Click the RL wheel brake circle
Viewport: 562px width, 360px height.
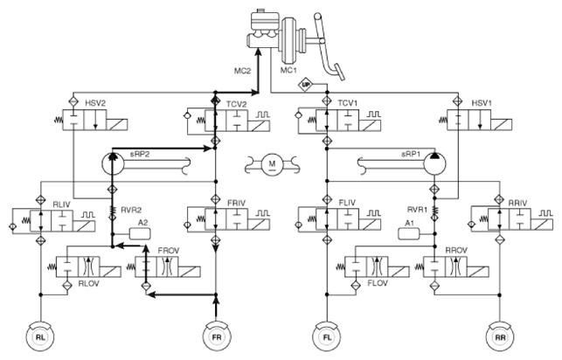40,337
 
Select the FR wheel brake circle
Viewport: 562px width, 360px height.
217,337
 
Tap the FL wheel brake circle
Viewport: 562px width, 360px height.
327,337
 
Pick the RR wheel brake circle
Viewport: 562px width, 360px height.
500,337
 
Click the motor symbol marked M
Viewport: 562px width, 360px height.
272,164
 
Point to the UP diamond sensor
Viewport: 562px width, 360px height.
305,85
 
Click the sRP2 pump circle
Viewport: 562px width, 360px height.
113,163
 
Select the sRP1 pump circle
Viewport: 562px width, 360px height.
434,163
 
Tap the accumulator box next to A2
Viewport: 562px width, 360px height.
140,234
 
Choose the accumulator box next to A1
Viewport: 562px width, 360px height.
409,234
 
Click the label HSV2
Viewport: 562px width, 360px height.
95,103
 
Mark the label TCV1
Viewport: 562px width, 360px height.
348,103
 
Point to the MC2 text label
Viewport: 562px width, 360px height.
242,71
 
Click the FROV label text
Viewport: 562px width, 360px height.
169,251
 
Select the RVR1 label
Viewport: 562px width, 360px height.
418,210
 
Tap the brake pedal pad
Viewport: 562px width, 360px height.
339,72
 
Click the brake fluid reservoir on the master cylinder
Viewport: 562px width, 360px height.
265,21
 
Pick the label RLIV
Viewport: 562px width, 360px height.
62,204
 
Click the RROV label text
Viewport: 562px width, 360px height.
456,251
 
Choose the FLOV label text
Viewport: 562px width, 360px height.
378,283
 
